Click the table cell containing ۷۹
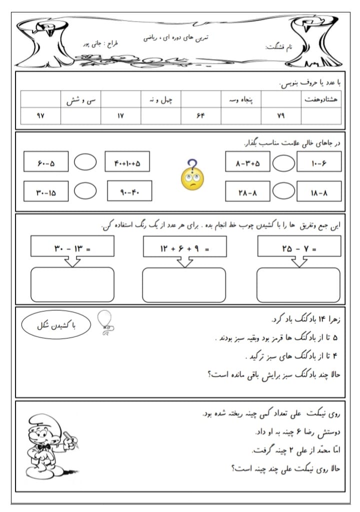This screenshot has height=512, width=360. tap(280, 116)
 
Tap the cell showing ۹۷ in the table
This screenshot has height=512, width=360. tap(40, 116)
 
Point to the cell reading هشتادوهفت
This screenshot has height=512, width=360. tap(321, 99)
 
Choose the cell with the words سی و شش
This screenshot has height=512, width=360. tap(80, 99)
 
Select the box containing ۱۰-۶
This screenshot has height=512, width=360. tap(318, 162)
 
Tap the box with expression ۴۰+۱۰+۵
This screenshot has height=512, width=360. tap(127, 163)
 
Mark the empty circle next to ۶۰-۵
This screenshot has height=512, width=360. tap(85, 163)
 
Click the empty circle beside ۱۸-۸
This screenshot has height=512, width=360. tap(283, 191)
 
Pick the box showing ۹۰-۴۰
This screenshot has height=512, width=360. tap(129, 191)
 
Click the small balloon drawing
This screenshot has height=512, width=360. tap(105, 321)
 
